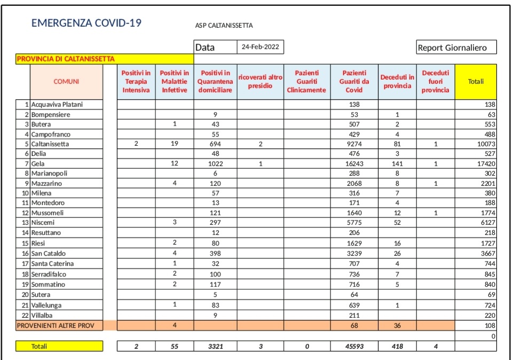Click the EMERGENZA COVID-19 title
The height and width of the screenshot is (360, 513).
tap(86, 23)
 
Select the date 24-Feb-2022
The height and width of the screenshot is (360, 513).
tap(260, 47)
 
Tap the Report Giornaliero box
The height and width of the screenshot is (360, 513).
tap(456, 48)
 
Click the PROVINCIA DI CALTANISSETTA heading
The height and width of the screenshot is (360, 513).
tap(66, 59)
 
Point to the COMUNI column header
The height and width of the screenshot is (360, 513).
tap(66, 81)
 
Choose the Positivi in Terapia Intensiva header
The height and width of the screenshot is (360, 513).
tap(136, 81)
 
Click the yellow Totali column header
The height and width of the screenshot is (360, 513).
tap(476, 81)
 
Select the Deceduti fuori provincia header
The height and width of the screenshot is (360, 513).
tap(435, 81)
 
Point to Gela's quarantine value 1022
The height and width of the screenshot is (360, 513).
tap(215, 163)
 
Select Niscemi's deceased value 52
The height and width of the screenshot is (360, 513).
tap(397, 222)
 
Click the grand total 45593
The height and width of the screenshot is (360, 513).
tap(354, 347)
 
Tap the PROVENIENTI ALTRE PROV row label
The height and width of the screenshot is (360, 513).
tap(52, 325)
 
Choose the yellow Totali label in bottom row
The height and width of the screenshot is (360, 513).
tap(39, 346)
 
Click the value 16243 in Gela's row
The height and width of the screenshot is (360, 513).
tap(354, 163)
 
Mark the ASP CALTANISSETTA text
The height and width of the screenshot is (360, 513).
tap(224, 25)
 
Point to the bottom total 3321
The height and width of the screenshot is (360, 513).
tap(215, 347)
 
